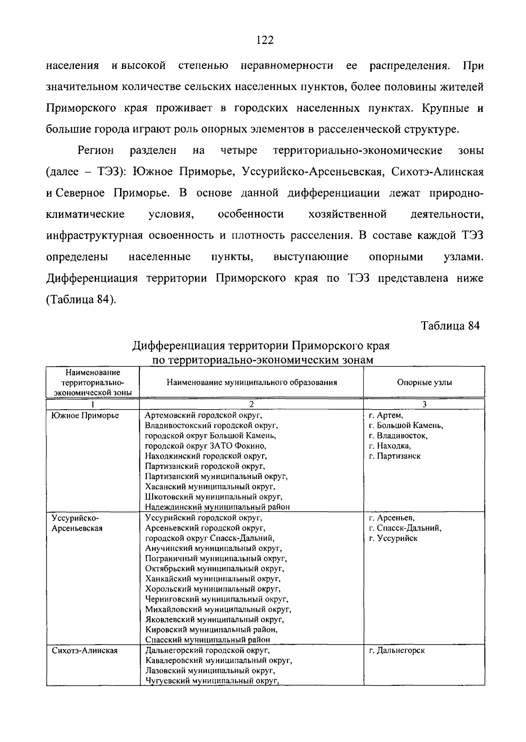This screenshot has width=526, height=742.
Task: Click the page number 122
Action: click(x=265, y=40)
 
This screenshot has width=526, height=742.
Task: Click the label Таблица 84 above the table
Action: click(x=450, y=325)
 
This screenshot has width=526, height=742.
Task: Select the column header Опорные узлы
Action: click(x=424, y=382)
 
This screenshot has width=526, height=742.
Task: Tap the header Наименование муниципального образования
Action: click(x=252, y=382)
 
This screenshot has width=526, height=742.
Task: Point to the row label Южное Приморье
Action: click(x=85, y=415)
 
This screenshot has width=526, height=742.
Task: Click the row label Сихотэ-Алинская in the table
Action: click(x=85, y=650)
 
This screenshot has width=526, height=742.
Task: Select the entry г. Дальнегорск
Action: click(x=397, y=650)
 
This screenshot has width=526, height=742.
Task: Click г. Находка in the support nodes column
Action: click(x=390, y=446)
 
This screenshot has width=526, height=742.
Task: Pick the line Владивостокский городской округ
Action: click(x=212, y=425)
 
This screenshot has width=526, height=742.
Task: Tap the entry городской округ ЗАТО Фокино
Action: click(x=206, y=446)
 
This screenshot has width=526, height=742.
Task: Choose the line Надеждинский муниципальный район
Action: click(x=217, y=507)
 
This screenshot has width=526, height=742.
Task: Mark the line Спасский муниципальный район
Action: click(x=207, y=640)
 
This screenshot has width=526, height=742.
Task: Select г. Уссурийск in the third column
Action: click(x=393, y=538)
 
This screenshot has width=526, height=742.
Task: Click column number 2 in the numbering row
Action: click(x=251, y=404)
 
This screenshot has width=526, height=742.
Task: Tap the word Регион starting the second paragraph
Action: click(x=96, y=150)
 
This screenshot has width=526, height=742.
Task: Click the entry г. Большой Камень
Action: click(x=406, y=425)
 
